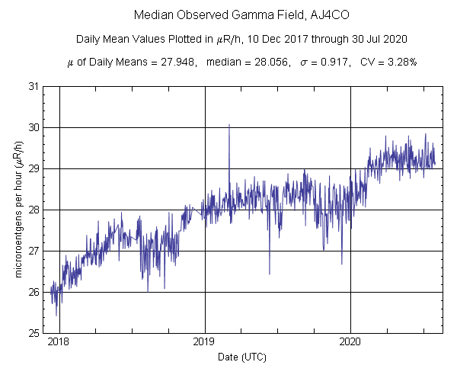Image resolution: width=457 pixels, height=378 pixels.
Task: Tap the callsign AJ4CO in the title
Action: (300, 15)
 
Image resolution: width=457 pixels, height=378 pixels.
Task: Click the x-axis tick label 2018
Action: (59, 341)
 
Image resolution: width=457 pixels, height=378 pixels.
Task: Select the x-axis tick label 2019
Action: (205, 341)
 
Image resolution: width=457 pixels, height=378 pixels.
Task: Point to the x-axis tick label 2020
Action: (350, 341)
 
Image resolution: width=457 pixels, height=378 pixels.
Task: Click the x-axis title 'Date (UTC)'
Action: (242, 357)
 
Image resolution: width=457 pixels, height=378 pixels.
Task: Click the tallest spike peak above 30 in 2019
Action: (229, 125)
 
